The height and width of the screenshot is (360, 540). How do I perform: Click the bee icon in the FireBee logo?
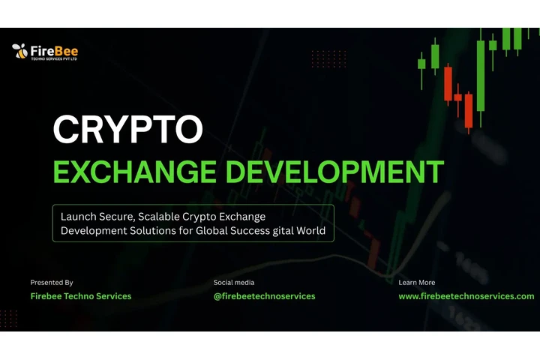click(20, 51)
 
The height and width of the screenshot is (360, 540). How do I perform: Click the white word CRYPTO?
click(128, 129)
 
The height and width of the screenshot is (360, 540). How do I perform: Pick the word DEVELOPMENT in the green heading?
click(335, 172)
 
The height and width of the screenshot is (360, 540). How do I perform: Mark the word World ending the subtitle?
click(310, 231)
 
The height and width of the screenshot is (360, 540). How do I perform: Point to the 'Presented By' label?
click(52, 283)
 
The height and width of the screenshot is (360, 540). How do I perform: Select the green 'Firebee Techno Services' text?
click(81, 296)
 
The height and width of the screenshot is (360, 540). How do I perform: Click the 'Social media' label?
click(234, 283)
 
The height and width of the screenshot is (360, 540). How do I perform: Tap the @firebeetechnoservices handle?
click(265, 296)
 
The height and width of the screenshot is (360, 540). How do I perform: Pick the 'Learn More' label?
click(417, 283)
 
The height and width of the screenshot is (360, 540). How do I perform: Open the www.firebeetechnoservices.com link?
click(466, 296)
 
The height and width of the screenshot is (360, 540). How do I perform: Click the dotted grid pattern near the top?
click(328, 58)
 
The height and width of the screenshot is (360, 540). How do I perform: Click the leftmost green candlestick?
click(421, 65)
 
